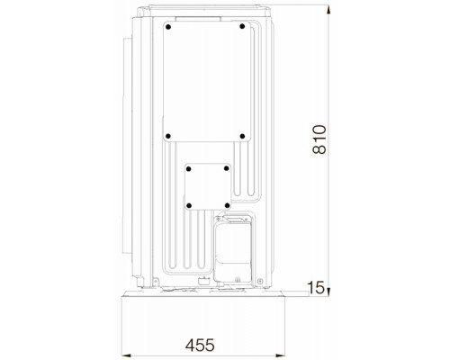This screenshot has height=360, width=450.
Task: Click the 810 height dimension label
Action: (x=319, y=139)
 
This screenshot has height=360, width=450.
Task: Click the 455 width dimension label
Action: (x=200, y=345)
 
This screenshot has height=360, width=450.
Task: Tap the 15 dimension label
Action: (x=316, y=288)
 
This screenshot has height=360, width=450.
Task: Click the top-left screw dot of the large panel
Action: (x=168, y=27)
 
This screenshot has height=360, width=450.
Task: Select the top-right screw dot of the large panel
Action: (x=242, y=26)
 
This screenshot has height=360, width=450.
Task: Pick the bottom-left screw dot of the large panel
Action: (x=168, y=136)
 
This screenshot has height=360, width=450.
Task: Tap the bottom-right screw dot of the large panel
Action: (x=242, y=136)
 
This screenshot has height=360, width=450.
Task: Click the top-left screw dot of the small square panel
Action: (x=188, y=169)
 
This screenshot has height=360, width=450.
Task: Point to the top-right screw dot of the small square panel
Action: (x=227, y=168)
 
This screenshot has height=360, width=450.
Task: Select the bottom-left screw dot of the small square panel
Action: (x=189, y=206)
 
